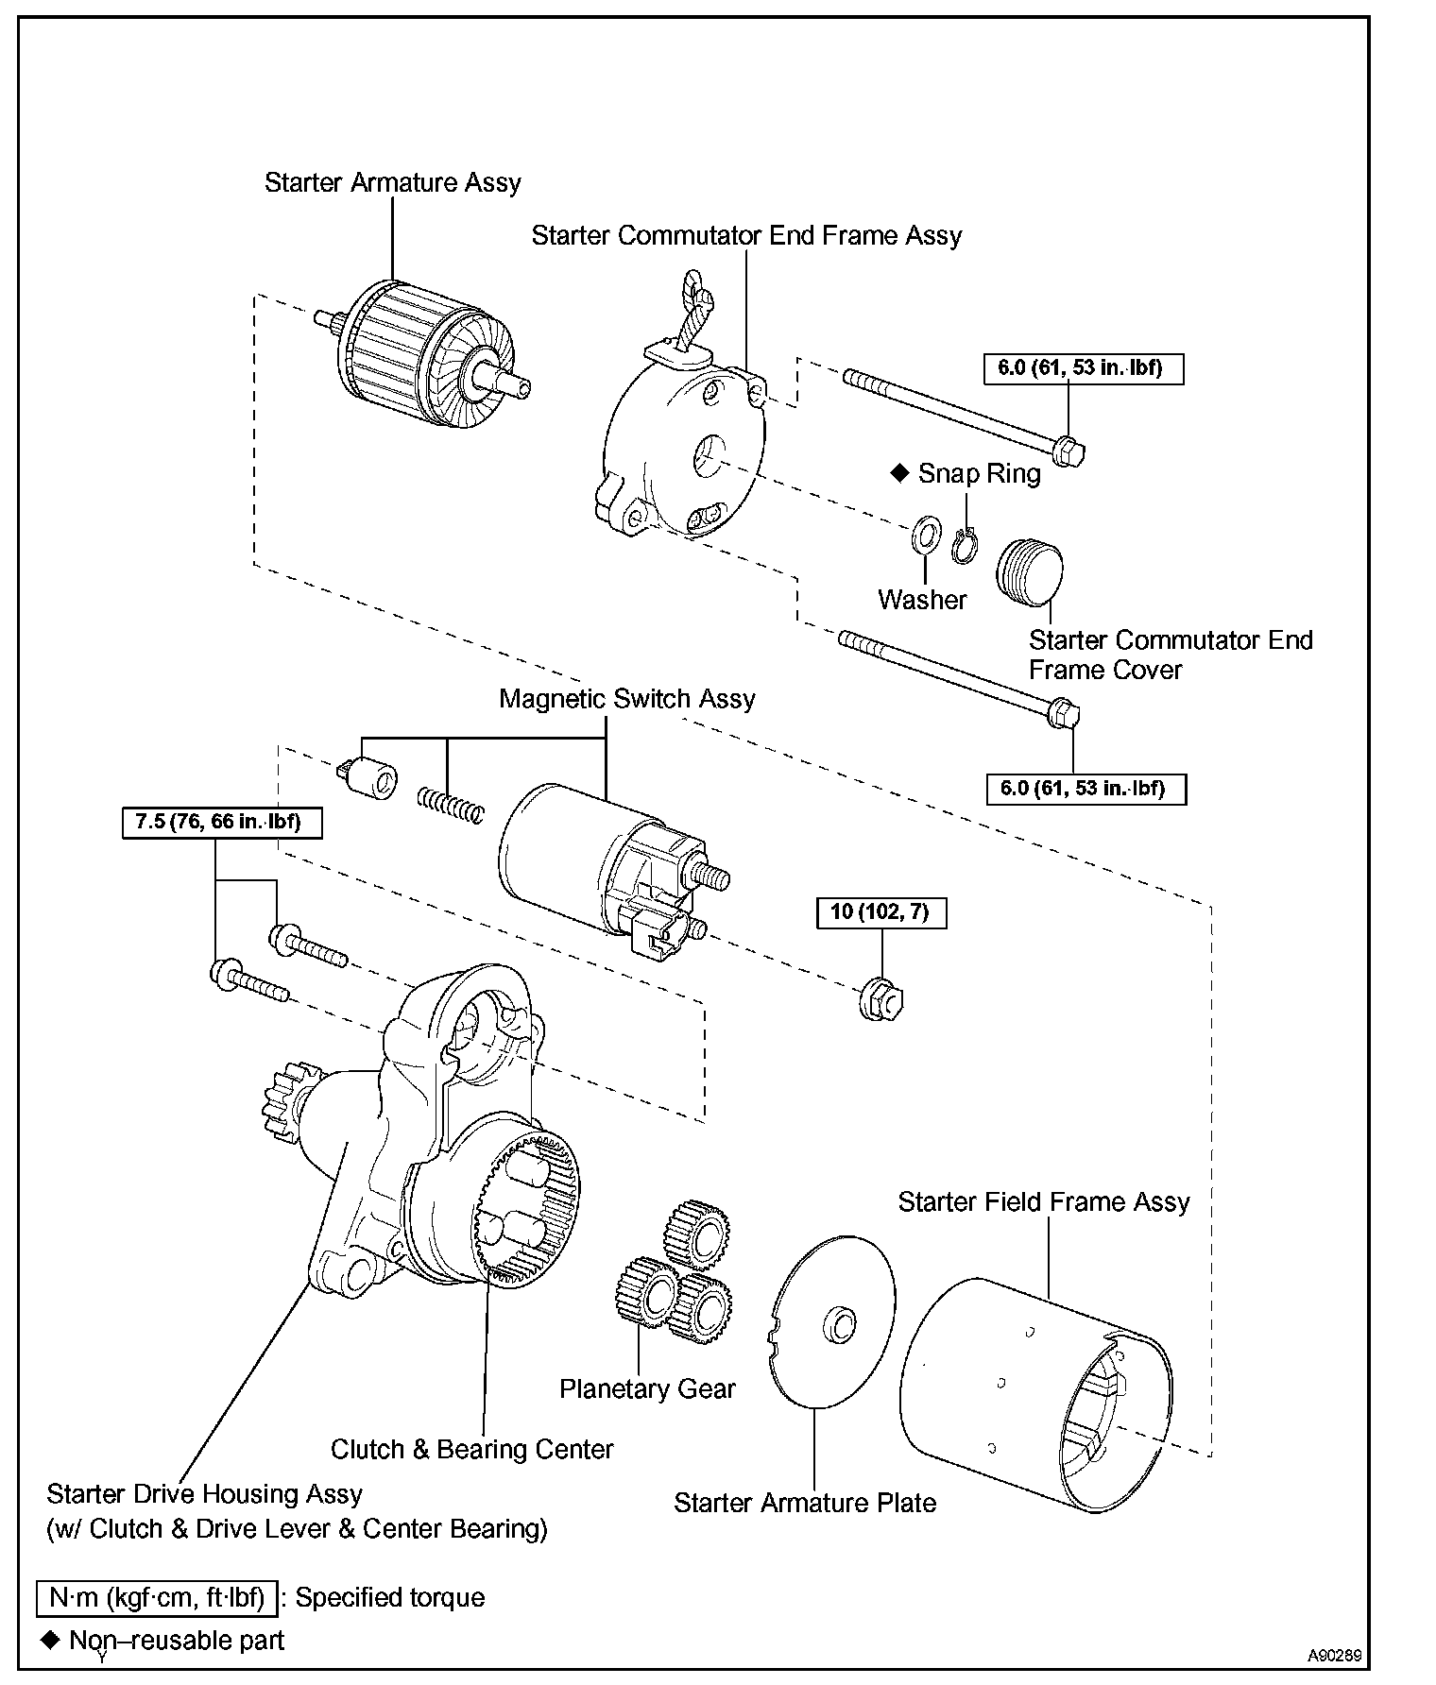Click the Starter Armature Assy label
(x=392, y=182)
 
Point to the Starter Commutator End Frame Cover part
(x=1030, y=572)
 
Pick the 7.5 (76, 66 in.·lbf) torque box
(x=222, y=822)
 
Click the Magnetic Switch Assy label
(x=627, y=699)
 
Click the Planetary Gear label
(x=647, y=1388)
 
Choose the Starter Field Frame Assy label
(x=1044, y=1202)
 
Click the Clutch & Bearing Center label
(x=472, y=1449)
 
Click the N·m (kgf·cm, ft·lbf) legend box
(x=158, y=1597)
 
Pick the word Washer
(x=922, y=600)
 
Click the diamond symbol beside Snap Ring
(x=899, y=472)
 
